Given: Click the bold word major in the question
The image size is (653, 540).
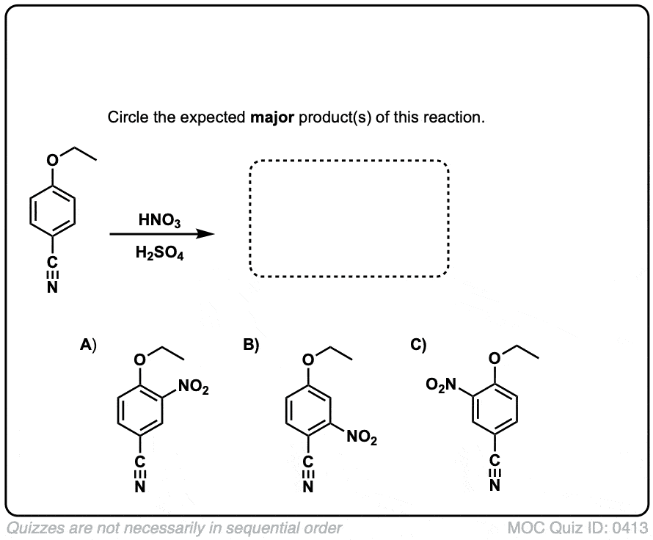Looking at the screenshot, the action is tap(272, 118).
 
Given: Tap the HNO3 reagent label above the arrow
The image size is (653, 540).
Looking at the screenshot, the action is tap(159, 220).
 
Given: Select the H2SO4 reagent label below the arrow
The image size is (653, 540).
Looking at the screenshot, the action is tap(159, 252).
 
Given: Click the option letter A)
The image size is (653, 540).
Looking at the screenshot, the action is tap(88, 345).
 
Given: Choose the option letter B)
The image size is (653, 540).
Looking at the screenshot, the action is tap(251, 345).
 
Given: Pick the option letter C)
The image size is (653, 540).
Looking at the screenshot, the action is tap(418, 345).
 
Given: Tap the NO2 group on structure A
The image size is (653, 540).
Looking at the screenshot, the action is tap(193, 387).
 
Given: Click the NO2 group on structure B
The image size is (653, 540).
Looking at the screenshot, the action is tap(362, 437).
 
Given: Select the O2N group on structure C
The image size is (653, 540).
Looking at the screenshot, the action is tap(442, 384).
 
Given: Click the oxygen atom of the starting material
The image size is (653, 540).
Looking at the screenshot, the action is tap(52, 160).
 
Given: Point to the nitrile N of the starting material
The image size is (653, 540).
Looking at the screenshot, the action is tap(52, 288).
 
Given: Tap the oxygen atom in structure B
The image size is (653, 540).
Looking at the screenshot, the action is tap(307, 360).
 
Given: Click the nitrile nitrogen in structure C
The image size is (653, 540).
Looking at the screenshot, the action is tap(495, 486).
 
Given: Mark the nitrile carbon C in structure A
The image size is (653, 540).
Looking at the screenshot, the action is tap(140, 461).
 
